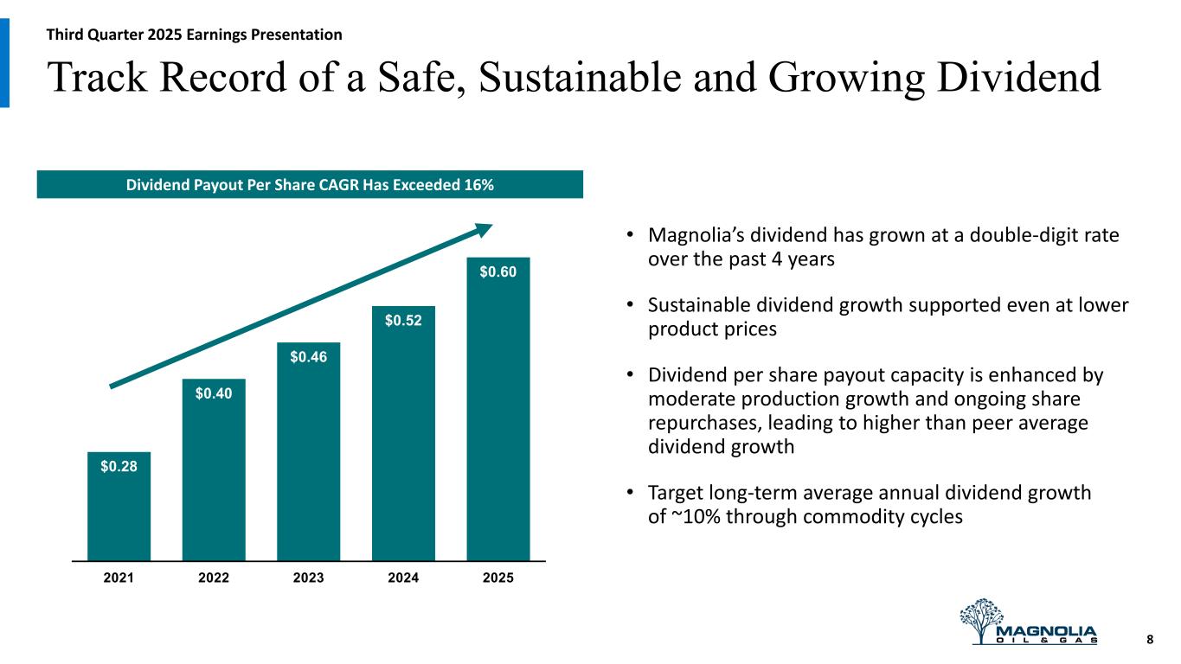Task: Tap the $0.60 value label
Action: coord(497,272)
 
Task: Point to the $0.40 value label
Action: coord(213,393)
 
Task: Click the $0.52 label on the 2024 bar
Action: coord(403,321)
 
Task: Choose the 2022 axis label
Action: coord(213,578)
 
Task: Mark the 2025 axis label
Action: coord(497,578)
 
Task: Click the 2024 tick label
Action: coord(403,578)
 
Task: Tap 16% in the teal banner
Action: coord(478,184)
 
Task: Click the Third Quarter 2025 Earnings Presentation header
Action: coord(195,35)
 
